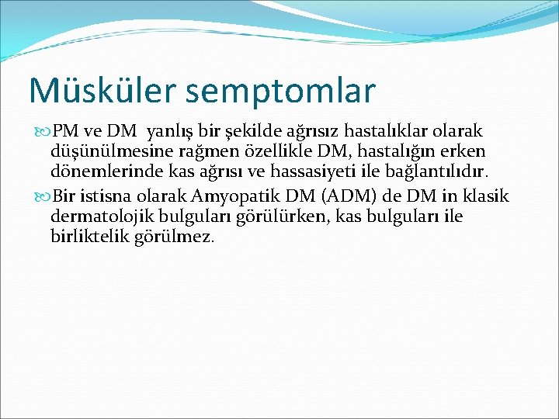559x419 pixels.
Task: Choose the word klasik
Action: [486, 196]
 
